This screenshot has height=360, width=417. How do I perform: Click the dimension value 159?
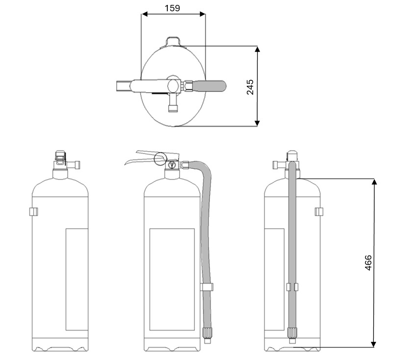[x=172, y=8]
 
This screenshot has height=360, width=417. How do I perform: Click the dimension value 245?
[x=250, y=87]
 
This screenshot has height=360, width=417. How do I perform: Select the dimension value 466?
[x=368, y=263]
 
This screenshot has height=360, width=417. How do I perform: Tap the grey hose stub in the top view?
[x=209, y=86]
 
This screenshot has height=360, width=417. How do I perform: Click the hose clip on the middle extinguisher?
[x=207, y=287]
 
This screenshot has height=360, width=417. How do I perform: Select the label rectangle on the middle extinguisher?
[x=172, y=279]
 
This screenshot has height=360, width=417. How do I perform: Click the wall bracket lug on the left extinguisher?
[x=33, y=212]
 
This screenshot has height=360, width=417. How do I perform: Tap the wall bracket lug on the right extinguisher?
[x=319, y=212]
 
